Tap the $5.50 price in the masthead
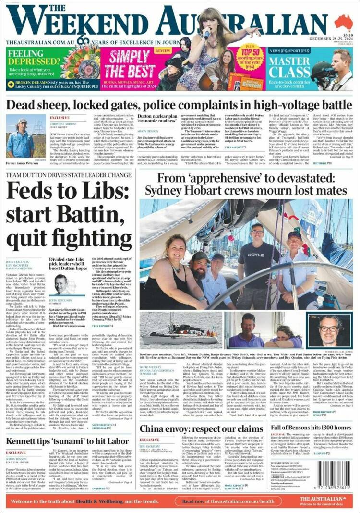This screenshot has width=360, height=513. point(348,35)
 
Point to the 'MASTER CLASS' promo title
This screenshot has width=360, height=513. point(289,67)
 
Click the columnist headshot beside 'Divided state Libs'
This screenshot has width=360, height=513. point(61,283)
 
